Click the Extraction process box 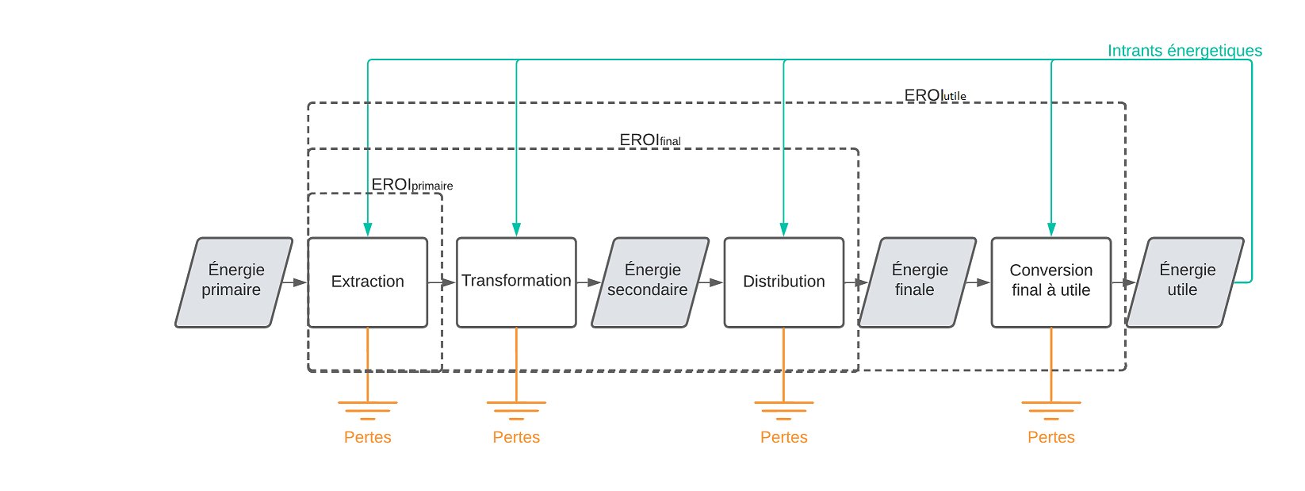tap(367, 282)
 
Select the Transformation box tap(516, 282)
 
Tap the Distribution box tap(783, 282)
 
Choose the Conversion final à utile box tap(1051, 282)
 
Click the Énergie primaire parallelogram tap(233, 282)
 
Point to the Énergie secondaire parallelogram tap(649, 282)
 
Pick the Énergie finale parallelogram tap(917, 282)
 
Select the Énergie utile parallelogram tap(1184, 282)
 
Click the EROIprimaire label tap(411, 185)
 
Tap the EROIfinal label tap(649, 140)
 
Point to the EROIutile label tap(935, 96)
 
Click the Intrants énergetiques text tap(1184, 51)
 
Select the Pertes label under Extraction tap(367, 437)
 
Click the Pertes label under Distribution tap(783, 437)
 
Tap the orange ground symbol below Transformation tap(516, 410)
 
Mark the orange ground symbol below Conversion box tap(1051, 410)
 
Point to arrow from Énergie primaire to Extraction tap(294, 282)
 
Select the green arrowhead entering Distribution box tap(783, 229)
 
